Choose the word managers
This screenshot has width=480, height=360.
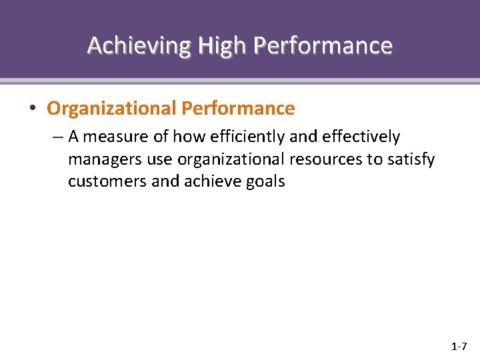coord(101,160)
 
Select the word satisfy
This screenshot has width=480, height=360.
coord(411,160)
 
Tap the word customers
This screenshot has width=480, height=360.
coord(107,181)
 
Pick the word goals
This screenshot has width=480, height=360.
coord(266,182)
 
